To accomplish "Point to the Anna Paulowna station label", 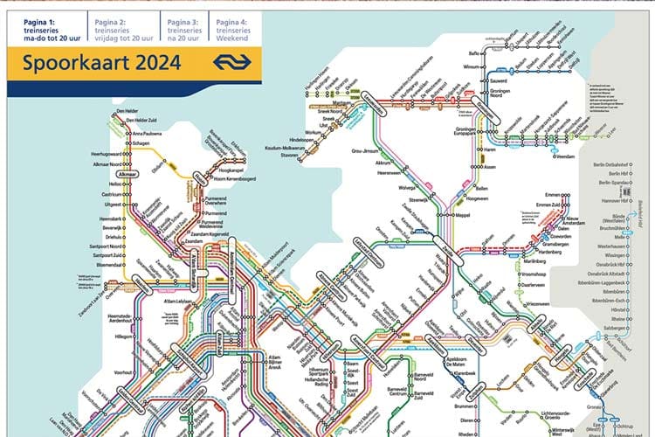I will pos(150,133).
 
